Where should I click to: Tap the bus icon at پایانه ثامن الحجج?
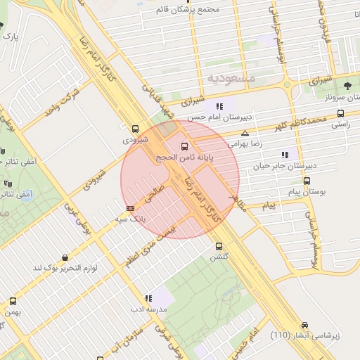point(184,146)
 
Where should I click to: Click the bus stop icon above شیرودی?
point(135,128)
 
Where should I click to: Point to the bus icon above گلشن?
point(219,246)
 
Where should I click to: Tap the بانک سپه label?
point(133,219)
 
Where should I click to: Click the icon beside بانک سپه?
point(130,208)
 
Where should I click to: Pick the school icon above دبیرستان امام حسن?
point(220,106)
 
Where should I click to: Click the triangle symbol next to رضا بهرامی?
point(245,133)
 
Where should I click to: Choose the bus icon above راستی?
point(340,113)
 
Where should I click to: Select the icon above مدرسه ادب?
point(148,298)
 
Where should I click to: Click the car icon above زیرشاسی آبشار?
point(304,325)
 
